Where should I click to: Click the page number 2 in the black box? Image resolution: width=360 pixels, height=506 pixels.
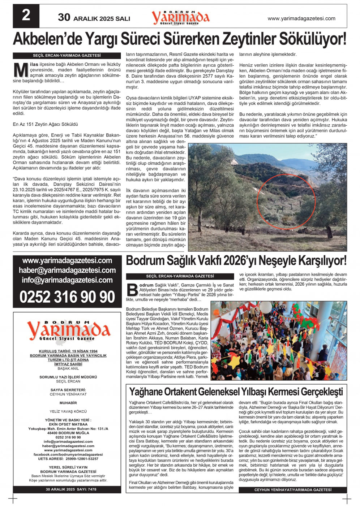pos(26,16)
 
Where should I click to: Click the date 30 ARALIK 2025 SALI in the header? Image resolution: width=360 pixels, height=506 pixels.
pos(94,18)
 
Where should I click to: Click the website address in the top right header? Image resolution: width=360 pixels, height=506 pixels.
pos(301,18)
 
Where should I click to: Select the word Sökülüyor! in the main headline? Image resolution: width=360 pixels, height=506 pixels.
pos(309,39)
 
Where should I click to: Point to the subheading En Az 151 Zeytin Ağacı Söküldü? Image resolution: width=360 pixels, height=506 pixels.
pos(45,124)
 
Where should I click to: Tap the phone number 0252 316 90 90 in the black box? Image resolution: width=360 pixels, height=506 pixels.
pos(67,297)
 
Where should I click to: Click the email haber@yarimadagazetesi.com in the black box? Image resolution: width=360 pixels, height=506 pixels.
pos(67,270)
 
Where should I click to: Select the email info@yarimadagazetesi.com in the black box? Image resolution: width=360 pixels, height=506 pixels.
pos(67,280)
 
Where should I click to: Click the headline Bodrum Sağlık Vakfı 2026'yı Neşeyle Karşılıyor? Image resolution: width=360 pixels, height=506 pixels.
pos(236,261)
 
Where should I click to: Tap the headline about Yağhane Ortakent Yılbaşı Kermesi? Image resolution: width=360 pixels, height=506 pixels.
pos(236,392)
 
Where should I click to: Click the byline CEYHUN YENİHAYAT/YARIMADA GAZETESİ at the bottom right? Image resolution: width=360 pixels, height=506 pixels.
pos(293,490)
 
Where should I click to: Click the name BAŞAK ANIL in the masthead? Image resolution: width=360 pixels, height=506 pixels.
pos(68,369)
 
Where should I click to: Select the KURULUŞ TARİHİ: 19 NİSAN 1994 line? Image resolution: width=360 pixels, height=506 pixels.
pos(68,351)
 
